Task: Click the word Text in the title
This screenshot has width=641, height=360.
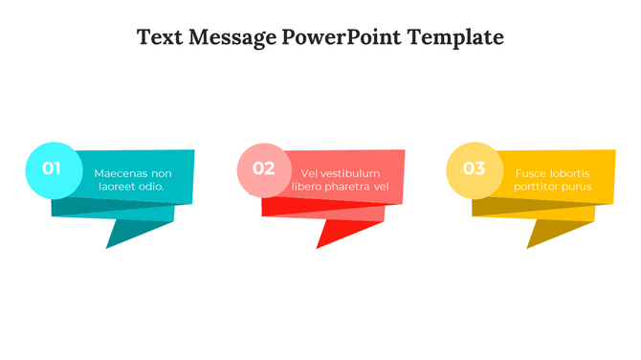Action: (x=162, y=38)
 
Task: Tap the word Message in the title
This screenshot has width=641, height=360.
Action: (x=233, y=38)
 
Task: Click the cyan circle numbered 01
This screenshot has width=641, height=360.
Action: (x=52, y=169)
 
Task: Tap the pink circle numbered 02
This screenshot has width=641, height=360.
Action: (x=264, y=169)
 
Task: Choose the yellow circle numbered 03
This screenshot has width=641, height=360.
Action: (x=474, y=169)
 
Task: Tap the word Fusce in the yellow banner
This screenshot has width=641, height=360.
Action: (x=531, y=173)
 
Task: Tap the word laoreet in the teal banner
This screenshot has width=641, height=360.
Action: (x=118, y=187)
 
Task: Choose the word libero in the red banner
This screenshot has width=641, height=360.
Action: (x=307, y=186)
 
